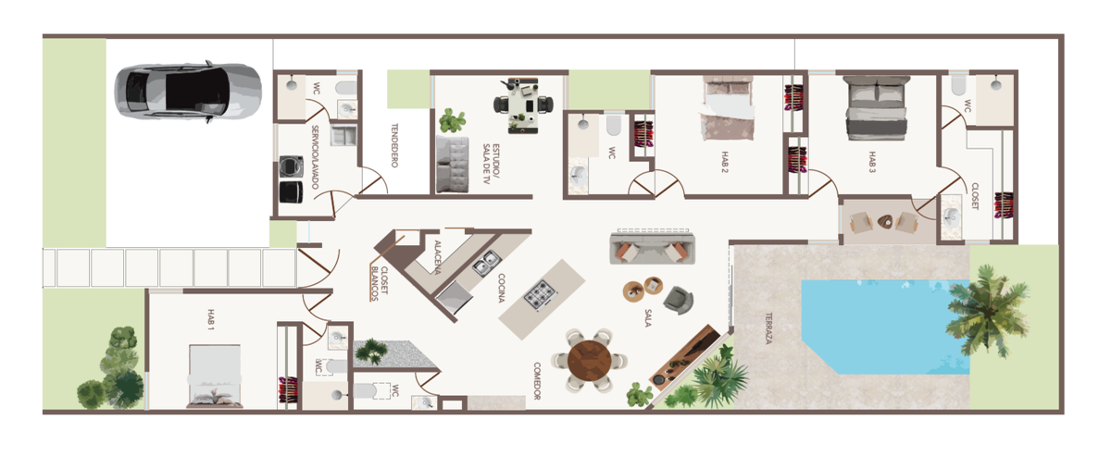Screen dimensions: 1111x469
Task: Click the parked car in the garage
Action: [x=189, y=92]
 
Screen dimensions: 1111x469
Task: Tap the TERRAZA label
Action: [x=768, y=328]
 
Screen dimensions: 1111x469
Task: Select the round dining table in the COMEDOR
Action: [x=590, y=361]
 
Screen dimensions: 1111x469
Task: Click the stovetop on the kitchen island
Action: [x=541, y=296]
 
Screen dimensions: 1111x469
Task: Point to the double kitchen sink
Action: [x=486, y=264]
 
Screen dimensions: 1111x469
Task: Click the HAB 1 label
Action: [x=211, y=319]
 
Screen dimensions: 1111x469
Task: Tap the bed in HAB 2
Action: [x=728, y=106]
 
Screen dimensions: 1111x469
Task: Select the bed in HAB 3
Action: [x=877, y=107]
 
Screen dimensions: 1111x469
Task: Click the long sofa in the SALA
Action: [x=652, y=248]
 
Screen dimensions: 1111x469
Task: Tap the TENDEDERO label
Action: [x=394, y=145]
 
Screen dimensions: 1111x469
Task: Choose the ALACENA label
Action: [x=437, y=257]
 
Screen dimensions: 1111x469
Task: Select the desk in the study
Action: [x=523, y=105]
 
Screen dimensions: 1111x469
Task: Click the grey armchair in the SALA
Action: [x=678, y=300]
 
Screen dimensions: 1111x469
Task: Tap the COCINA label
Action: [x=502, y=288]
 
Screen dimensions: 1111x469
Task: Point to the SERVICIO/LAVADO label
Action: [x=315, y=156]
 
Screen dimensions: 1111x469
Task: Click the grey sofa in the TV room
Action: [x=453, y=164]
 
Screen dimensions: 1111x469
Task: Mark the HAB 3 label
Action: [x=872, y=162]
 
